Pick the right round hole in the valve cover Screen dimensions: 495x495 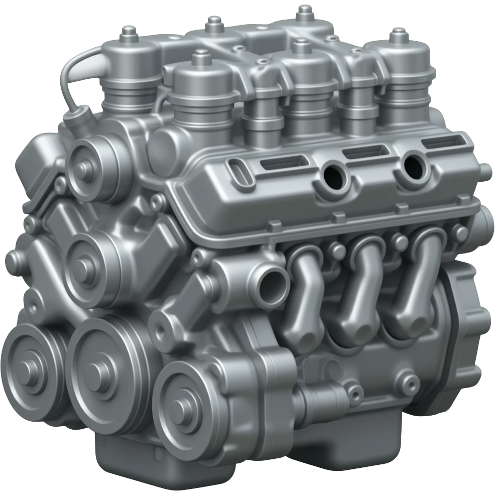point(415,164)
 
